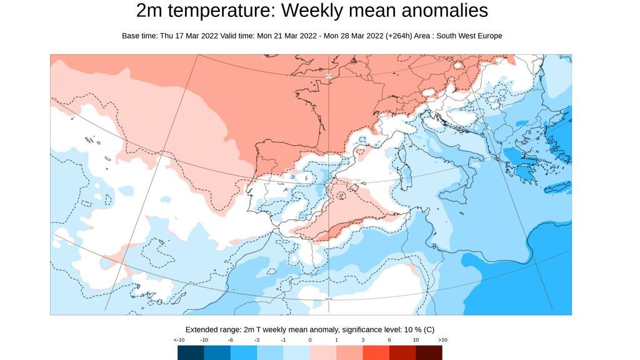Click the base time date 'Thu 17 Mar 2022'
tap(189, 36)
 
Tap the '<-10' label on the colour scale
tap(179, 340)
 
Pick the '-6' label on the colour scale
tap(231, 340)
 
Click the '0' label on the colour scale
tap(310, 340)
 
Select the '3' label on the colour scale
tap(362, 340)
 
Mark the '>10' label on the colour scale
tap(442, 340)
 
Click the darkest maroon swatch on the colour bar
tap(429, 353)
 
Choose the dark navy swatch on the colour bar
tap(191, 353)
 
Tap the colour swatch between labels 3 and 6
tap(376, 353)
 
